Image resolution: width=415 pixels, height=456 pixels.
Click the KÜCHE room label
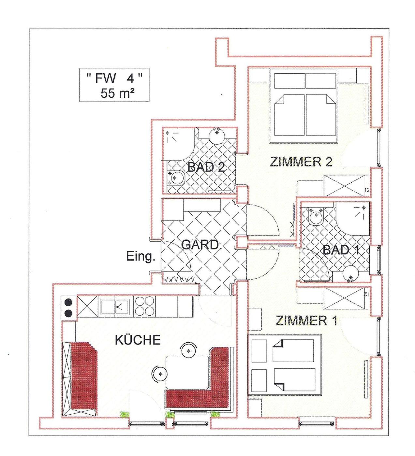click(x=138, y=340)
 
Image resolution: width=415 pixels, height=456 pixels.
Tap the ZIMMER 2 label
click(x=301, y=162)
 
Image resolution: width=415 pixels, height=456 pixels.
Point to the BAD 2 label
click(x=206, y=167)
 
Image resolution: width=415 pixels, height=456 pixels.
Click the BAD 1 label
click(x=341, y=250)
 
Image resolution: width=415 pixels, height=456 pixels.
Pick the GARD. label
click(x=201, y=245)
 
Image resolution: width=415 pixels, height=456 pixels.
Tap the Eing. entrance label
click(x=141, y=257)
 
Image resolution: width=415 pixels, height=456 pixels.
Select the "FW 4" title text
click(x=114, y=78)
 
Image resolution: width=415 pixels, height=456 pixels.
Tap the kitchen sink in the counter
click(x=115, y=306)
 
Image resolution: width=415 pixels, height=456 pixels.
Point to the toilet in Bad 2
click(x=176, y=177)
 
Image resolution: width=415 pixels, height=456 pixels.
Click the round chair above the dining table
click(x=189, y=351)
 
